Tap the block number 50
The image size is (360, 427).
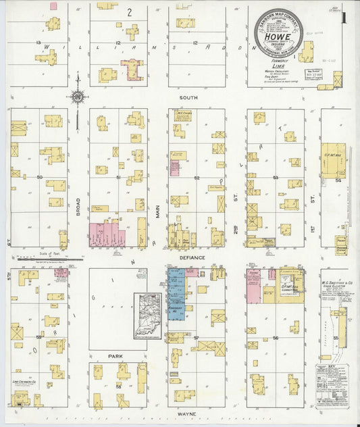(x=39, y=178)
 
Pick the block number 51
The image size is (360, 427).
(x=118, y=178)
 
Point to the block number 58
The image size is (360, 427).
(x=118, y=386)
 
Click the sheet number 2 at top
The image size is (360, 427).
(x=128, y=12)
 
